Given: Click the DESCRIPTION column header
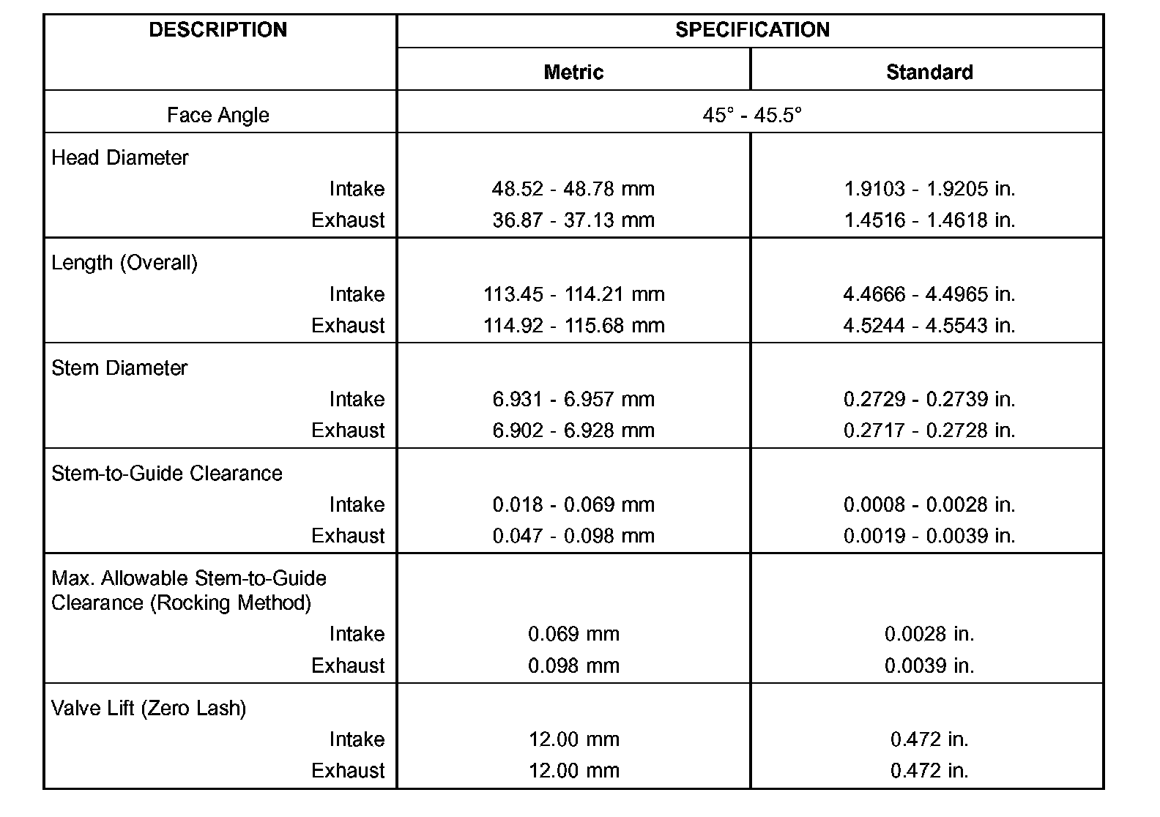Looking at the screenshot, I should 218,30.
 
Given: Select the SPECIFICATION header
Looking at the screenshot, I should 752,30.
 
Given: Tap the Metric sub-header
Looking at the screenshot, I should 573,72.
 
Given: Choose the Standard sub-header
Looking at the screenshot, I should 929,72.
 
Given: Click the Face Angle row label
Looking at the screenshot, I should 218,115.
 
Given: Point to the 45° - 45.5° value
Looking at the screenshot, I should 752,115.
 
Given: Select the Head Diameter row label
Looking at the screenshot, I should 120,157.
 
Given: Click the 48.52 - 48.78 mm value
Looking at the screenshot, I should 573,189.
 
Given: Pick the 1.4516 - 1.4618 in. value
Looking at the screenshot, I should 929,220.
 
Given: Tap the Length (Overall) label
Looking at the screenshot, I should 124,263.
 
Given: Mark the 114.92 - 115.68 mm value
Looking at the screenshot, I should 573,325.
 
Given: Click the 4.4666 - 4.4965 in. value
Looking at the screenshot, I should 929,294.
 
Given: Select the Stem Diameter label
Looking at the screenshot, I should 119,368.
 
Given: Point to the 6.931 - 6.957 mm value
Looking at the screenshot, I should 573,399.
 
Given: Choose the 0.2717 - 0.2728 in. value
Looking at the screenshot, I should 929,430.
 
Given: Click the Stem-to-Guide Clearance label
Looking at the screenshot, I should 167,473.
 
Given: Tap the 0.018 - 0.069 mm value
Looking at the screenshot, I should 573,504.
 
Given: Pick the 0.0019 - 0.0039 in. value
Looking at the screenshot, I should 929,536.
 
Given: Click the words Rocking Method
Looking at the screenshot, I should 231,603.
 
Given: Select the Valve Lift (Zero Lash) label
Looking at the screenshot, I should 149,708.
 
